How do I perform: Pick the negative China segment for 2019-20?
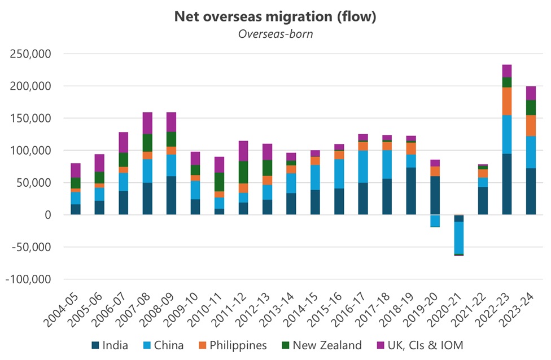tap(435, 221)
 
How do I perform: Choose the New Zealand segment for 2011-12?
tap(243, 172)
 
